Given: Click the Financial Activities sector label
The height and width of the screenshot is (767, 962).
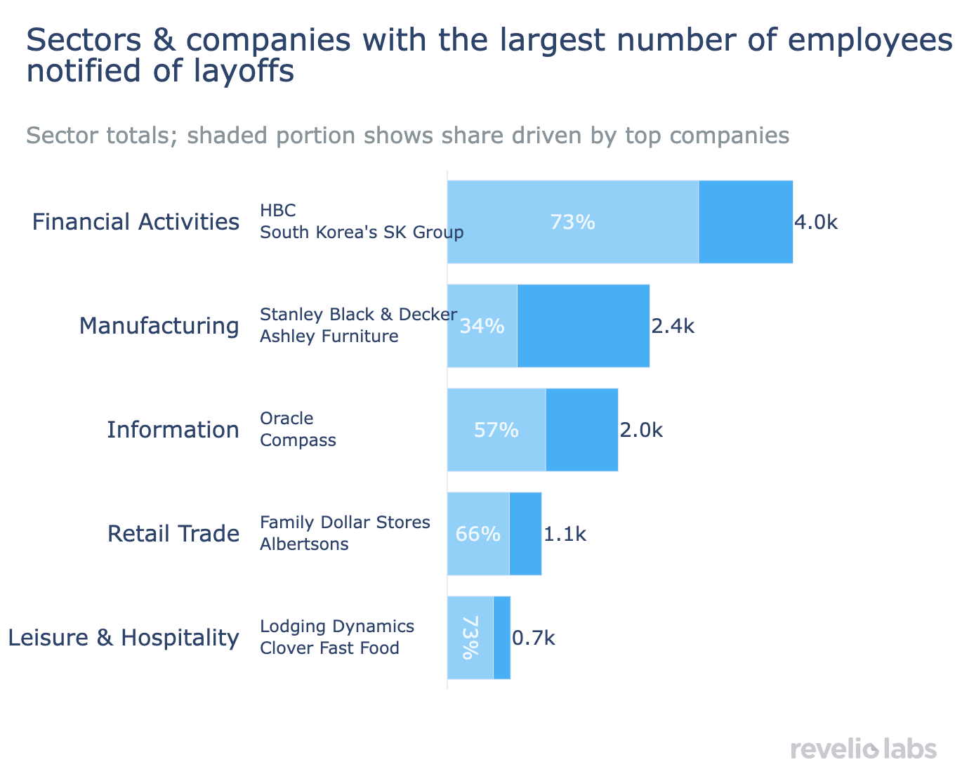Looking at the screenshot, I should [x=136, y=222].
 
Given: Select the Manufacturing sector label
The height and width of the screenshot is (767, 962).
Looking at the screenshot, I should [x=159, y=326].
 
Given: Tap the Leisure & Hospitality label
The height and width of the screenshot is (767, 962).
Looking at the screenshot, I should [x=123, y=638].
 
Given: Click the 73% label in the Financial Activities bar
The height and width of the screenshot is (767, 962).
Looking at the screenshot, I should [x=572, y=222].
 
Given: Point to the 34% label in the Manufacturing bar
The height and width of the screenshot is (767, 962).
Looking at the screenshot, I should [x=482, y=326].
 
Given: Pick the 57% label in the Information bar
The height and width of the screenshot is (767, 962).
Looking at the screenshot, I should [x=496, y=430].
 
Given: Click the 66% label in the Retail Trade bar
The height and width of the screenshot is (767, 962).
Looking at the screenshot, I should [x=477, y=534].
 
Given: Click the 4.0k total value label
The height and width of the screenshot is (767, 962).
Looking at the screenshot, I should [x=815, y=223].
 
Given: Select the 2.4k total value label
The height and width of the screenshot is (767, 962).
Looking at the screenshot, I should [x=673, y=326].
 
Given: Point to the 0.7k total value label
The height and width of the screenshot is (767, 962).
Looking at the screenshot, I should [x=533, y=638].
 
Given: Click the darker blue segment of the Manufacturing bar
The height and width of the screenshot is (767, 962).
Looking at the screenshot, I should [x=583, y=326].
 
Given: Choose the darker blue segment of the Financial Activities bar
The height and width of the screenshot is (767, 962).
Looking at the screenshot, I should [x=746, y=222].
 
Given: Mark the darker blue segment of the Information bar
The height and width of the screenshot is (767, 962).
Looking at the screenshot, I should [x=581, y=430].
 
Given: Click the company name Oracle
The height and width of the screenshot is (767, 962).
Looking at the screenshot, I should [x=286, y=419].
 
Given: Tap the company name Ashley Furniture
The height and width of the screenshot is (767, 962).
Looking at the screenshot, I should [x=329, y=336].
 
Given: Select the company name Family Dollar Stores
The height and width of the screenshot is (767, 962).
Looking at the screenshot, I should [x=345, y=523].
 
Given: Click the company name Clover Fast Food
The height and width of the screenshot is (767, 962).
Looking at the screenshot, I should [x=329, y=648].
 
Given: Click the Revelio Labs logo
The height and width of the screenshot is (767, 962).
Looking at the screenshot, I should [x=863, y=748].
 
